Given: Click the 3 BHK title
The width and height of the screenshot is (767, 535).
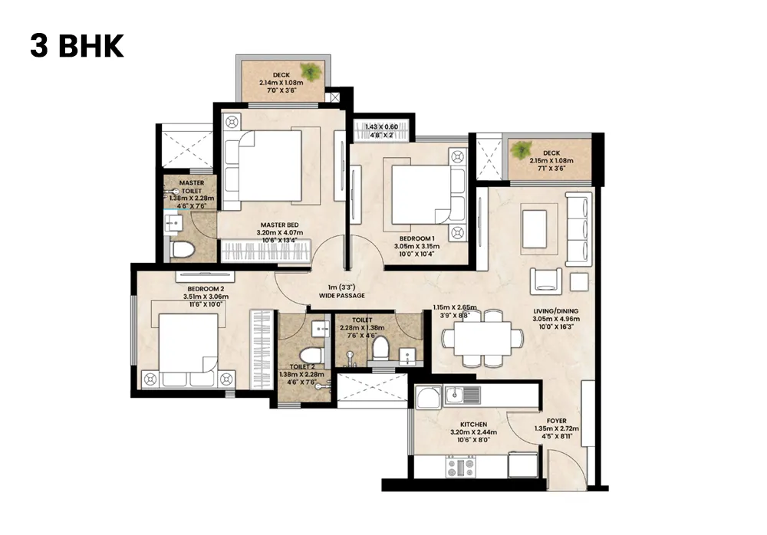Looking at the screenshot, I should (x=77, y=46).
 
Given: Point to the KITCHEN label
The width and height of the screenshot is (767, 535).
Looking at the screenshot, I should (x=472, y=424).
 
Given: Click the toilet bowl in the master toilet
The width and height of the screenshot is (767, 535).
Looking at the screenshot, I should (x=183, y=249).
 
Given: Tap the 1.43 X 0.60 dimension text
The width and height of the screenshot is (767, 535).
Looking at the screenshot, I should (x=381, y=126).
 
